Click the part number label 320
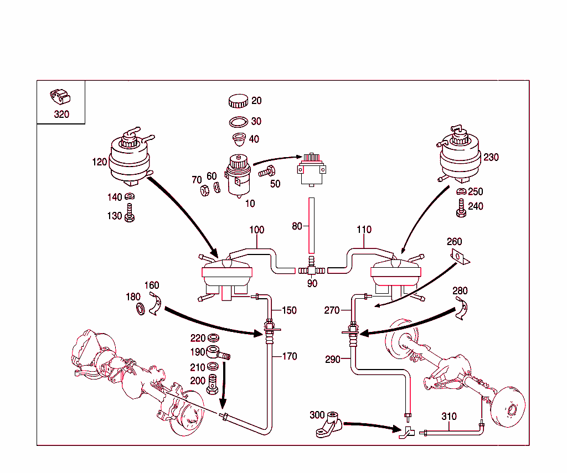click(61, 115)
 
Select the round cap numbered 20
click(238, 101)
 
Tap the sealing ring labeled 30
click(238, 122)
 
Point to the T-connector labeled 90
click(311, 271)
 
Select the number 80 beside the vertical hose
click(297, 226)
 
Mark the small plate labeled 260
click(458, 256)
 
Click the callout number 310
click(449, 417)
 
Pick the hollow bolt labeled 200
click(213, 384)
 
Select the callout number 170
click(290, 356)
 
